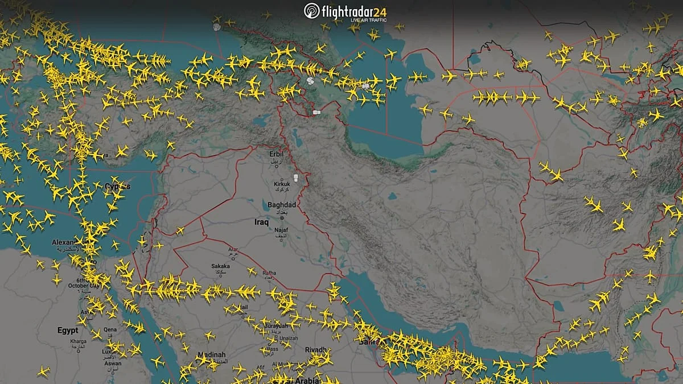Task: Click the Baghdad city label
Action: tap(281, 205)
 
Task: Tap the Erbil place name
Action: tap(275, 153)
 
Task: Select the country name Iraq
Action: tap(261, 222)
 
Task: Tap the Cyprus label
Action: tap(117, 187)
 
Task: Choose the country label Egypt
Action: tap(67, 330)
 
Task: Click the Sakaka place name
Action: tap(220, 266)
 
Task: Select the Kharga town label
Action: tap(78, 341)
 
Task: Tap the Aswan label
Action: tap(113, 364)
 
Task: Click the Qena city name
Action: tap(110, 329)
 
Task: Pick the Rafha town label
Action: tap(269, 273)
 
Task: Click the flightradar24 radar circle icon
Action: tap(311, 11)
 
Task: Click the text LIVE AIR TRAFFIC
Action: tap(368, 20)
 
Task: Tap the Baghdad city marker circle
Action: tap(282, 217)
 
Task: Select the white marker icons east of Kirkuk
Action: tap(295, 179)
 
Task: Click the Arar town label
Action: tap(233, 249)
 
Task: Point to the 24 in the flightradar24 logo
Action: tap(395, 11)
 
